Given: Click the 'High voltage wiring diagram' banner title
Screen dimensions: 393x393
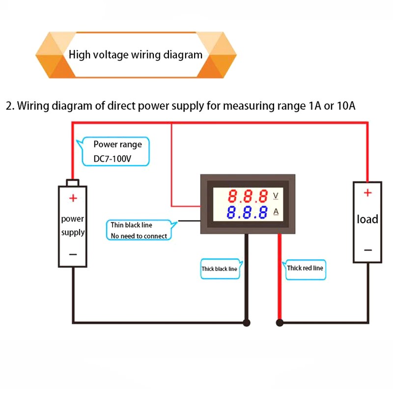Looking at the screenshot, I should click(x=136, y=55).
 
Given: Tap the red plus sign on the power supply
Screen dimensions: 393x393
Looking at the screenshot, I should click(x=73, y=198).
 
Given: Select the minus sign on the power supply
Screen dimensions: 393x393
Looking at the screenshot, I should click(x=73, y=254).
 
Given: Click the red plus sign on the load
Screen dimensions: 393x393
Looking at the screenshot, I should click(x=367, y=193).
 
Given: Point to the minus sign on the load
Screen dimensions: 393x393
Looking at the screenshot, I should click(x=367, y=250).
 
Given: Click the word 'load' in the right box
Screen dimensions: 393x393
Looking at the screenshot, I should click(x=367, y=219).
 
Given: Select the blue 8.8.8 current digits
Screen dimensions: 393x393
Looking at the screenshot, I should click(x=248, y=213).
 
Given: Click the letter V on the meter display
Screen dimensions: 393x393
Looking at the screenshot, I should click(x=276, y=196).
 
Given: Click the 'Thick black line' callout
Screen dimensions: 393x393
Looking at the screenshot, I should click(x=219, y=269).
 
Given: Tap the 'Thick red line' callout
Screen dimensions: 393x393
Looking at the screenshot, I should click(x=305, y=268).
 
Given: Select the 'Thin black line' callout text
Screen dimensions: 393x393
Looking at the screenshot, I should click(x=131, y=225).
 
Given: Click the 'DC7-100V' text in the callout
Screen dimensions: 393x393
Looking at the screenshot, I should click(x=112, y=159).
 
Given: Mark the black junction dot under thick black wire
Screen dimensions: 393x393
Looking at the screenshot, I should click(x=247, y=323).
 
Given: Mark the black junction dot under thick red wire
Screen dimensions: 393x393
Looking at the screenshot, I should click(x=280, y=323).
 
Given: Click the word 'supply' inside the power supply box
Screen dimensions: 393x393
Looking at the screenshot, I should click(x=73, y=232).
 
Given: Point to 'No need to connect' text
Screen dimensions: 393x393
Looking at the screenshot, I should click(x=139, y=236).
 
